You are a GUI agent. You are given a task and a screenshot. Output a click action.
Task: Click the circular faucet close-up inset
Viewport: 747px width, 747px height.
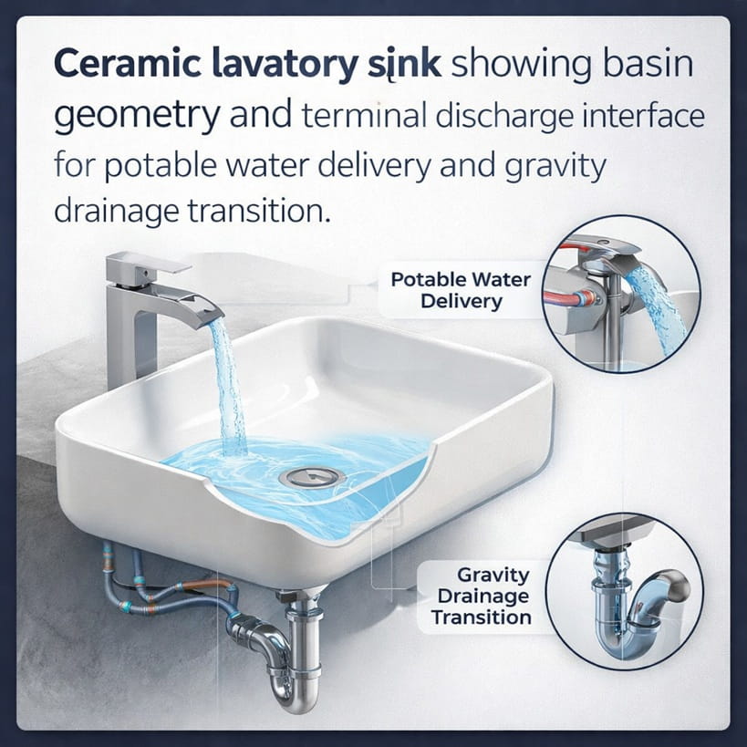[622, 294]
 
